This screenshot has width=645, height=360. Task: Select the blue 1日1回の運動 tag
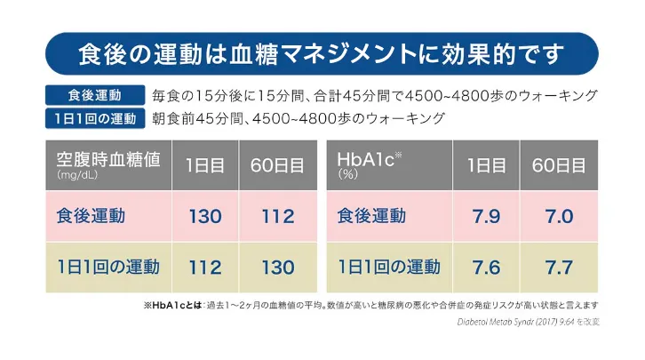[x=94, y=118]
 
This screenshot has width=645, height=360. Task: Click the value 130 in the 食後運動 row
[x=204, y=216]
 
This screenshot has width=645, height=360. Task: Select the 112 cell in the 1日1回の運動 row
[x=204, y=267]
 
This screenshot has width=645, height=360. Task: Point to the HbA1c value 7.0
[x=559, y=216]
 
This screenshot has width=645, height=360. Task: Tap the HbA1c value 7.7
[x=559, y=267]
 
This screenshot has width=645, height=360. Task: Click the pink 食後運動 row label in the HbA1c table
[x=371, y=216]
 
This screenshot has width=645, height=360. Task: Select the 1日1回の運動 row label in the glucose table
[x=108, y=267]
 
